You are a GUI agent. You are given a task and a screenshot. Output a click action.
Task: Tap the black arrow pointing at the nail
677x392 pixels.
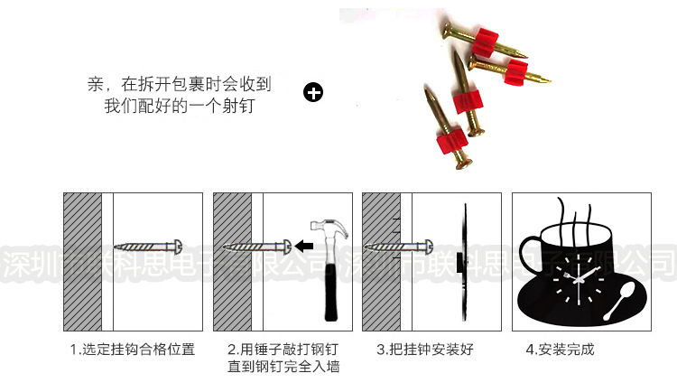[x=304, y=245]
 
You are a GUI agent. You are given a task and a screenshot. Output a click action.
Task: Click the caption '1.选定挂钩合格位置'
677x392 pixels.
[x=132, y=350]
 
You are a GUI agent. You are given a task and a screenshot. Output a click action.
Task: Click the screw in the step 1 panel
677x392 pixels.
[x=150, y=246]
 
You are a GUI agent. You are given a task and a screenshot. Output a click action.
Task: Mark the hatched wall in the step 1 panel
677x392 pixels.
[x=82, y=262]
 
